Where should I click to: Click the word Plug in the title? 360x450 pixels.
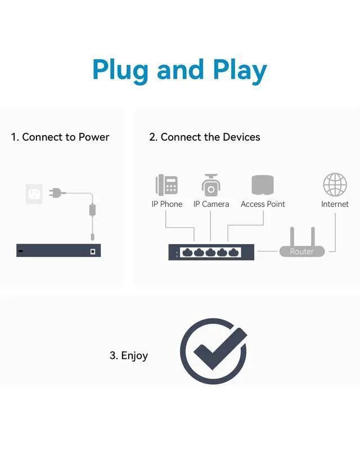[x=121, y=71]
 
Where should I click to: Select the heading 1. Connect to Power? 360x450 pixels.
[x=60, y=137]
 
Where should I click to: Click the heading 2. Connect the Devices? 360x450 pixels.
[x=205, y=137]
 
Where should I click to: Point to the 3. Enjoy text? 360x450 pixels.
[x=129, y=355]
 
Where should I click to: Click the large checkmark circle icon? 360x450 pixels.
[x=213, y=351]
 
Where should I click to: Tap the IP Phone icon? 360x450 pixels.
[x=167, y=184]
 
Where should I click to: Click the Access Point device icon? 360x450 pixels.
[x=263, y=185]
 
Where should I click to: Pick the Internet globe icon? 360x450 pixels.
[x=335, y=184]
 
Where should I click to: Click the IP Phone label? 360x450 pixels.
[x=167, y=204]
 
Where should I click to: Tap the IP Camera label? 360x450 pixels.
[x=211, y=204]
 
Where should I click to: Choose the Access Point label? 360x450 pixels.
[x=263, y=204]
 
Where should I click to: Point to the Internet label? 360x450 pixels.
[x=335, y=204]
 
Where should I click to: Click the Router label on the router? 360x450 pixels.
[x=301, y=252]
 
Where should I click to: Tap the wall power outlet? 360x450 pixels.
[x=34, y=194]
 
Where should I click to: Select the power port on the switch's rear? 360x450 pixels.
[x=92, y=251]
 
